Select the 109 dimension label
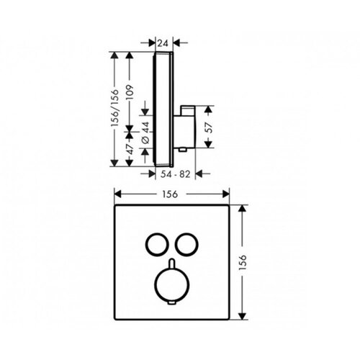130,93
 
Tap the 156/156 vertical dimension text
115,108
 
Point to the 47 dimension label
130,149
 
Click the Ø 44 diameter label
145,132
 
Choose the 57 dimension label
209,127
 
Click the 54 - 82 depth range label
176,174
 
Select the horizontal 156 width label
170,194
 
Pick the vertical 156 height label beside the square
243,262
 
